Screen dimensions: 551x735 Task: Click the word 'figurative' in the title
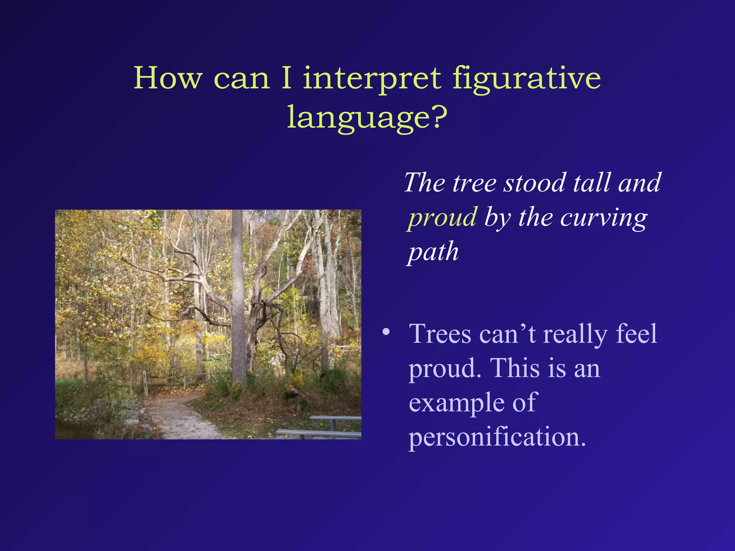click(526, 79)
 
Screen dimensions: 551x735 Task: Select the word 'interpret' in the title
click(372, 79)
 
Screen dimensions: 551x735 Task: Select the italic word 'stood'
click(534, 183)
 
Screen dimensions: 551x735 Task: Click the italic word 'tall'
click(592, 183)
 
